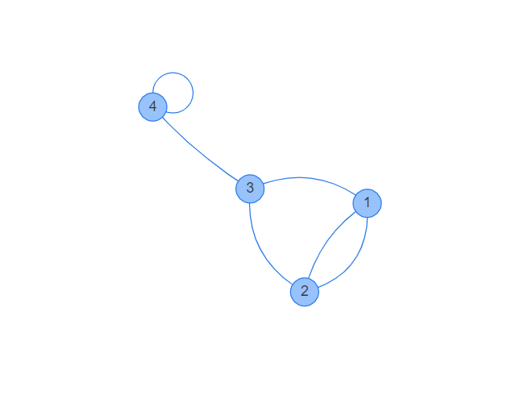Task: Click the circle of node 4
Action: click(x=152, y=106)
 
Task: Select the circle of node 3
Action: click(x=250, y=189)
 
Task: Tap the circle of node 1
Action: click(x=367, y=203)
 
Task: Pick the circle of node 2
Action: click(x=304, y=292)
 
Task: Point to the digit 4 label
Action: click(x=152, y=106)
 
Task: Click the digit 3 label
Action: click(x=250, y=189)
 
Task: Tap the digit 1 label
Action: click(x=367, y=203)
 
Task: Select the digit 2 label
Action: click(x=304, y=292)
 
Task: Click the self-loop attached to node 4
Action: click(x=193, y=90)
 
